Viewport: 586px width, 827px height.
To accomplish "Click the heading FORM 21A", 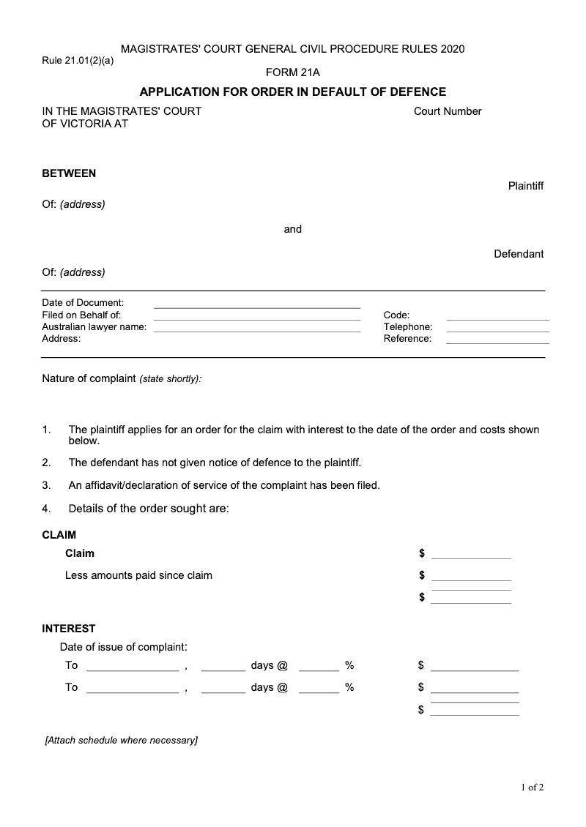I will coord(292,72).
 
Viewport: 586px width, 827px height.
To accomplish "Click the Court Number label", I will coord(448,111).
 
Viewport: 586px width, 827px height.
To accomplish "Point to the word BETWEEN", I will coord(69,173).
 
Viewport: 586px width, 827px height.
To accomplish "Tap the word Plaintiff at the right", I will coord(526,186).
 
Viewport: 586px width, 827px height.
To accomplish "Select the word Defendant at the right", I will coord(519,254).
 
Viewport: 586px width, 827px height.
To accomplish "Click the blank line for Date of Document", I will coord(256,306).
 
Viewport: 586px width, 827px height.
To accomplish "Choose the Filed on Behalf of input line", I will coord(256,318).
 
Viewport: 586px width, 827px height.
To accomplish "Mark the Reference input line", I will coord(497,343).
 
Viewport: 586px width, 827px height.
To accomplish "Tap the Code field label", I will coord(396,315).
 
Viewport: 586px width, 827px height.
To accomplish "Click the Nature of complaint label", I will coord(89,378).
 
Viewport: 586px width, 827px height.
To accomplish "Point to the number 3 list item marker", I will coord(46,484).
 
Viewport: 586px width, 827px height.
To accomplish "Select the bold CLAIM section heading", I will coord(59,535).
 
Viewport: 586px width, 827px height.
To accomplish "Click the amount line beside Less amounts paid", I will coord(471,579).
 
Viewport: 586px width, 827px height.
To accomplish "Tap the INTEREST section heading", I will coord(69,628).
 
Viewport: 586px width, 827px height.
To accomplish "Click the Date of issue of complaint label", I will coord(124,647).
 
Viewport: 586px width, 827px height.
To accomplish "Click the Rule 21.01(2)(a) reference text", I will coord(78,61).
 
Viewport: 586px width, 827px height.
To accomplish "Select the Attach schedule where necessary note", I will coord(122,741).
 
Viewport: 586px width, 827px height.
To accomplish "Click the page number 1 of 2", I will coord(533,787).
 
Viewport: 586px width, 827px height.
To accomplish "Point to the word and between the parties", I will coord(293,229).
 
